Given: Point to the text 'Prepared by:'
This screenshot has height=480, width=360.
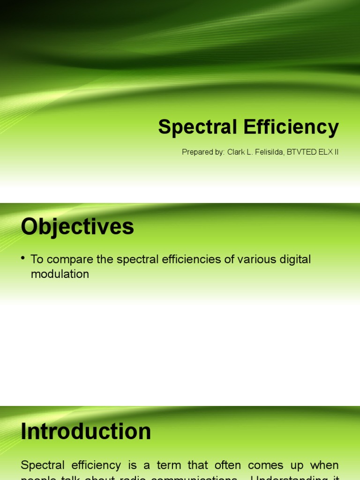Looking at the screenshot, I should click(x=203, y=152).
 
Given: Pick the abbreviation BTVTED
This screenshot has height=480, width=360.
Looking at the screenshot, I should click(x=301, y=152).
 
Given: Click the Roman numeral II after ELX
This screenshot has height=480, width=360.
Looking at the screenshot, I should click(x=336, y=152).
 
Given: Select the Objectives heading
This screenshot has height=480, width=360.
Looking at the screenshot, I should click(x=77, y=227).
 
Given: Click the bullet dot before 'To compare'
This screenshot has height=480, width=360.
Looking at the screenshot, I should click(x=23, y=259).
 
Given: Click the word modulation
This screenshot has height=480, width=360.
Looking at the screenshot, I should click(x=60, y=274).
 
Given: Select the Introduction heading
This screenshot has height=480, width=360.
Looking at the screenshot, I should click(x=86, y=432).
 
